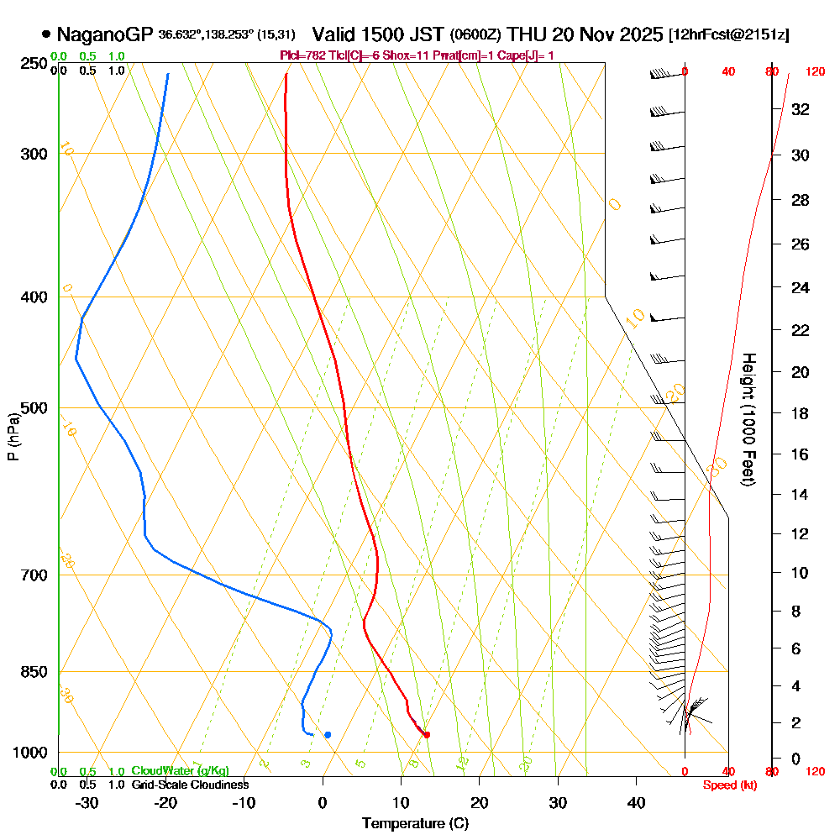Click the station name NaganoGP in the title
point(105,34)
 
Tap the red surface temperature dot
point(427,735)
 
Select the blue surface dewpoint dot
point(328,735)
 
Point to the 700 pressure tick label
point(34,575)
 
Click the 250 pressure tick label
point(34,63)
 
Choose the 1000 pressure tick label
point(31,752)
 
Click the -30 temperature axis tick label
point(87,802)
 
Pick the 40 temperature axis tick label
point(636,802)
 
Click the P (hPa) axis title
point(13,437)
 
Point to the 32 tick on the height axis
point(801,109)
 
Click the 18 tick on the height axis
point(801,413)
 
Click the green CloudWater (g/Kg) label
point(180,771)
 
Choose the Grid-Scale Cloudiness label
point(190,785)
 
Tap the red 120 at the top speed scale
point(815,72)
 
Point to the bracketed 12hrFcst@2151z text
point(729,35)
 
